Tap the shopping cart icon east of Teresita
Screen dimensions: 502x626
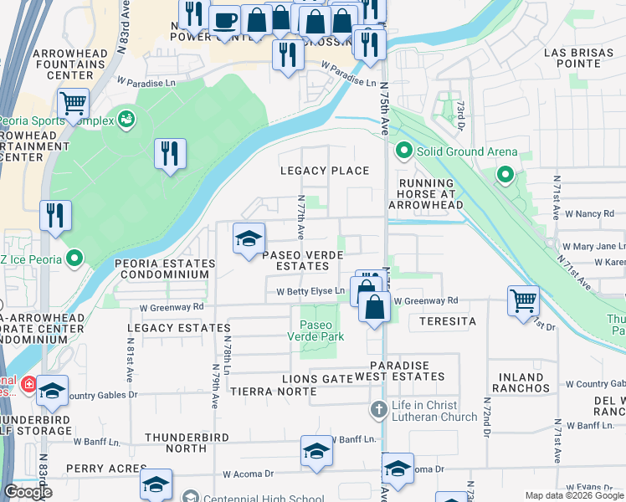(x=523, y=300)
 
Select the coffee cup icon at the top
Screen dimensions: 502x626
(x=223, y=20)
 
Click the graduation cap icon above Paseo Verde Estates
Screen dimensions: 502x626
(x=249, y=239)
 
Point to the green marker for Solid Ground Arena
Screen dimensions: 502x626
(x=403, y=152)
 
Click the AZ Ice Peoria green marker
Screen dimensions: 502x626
(x=74, y=259)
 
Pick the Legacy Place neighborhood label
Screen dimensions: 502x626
(x=324, y=171)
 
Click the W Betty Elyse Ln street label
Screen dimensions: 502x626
(x=311, y=291)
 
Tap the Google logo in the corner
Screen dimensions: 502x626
(x=28, y=492)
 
